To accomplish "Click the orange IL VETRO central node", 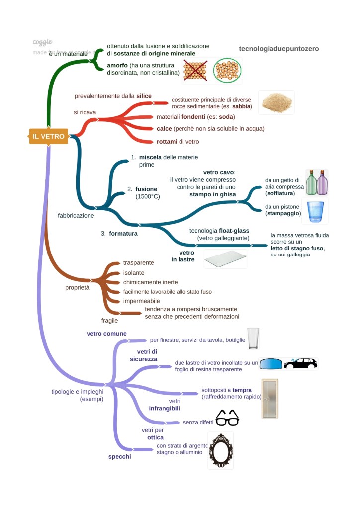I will click(48, 136).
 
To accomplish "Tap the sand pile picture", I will click(276, 102).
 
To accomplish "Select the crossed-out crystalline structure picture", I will click(195, 71).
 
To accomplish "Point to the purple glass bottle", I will click(322, 183).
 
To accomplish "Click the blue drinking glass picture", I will click(315, 211).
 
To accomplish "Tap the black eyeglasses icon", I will click(227, 419).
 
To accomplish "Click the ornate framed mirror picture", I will click(221, 450).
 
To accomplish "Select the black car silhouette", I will click(300, 363).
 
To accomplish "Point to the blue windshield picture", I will click(270, 364).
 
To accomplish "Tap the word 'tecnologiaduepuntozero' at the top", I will click(279, 49).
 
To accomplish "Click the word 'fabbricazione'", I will click(76, 216).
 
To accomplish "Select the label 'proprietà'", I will click(78, 288).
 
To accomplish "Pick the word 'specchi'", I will click(120, 457).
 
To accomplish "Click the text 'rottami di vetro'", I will click(178, 142).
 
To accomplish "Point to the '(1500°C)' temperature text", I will click(148, 197).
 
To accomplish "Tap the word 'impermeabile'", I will click(142, 301).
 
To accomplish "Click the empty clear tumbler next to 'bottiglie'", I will click(253, 339).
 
